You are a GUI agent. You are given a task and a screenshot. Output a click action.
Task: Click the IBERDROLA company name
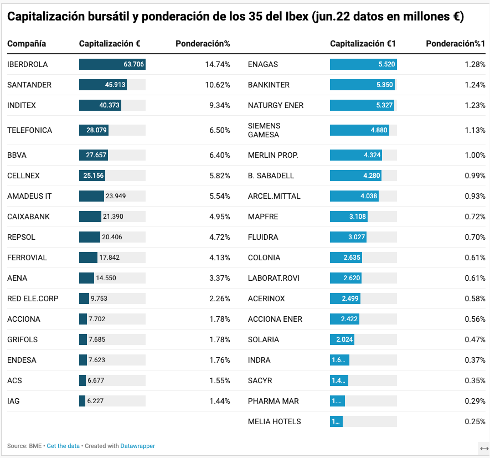pos(28,64)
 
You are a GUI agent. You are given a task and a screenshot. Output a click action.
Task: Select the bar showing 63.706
pos(112,64)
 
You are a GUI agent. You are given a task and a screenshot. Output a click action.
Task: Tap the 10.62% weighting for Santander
pos(218,85)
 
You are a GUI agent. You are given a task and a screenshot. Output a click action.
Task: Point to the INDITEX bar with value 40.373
pos(100,105)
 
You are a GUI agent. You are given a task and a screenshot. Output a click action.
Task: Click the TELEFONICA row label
pos(30,130)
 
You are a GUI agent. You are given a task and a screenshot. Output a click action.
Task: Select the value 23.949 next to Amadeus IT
pos(116,196)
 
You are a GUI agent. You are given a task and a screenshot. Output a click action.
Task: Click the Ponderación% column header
pos(203,43)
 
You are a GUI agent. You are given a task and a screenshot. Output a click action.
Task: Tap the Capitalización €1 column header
pos(363,43)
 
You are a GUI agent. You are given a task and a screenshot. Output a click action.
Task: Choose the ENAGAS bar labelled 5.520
pos(363,64)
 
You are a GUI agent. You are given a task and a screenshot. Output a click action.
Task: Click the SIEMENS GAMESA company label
pos(264,130)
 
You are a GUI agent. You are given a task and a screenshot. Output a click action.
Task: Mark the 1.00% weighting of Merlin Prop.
pos(475,155)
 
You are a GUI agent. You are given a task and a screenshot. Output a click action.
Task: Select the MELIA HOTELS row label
pos(275,421)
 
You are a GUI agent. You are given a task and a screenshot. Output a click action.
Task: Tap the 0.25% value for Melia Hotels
pos(475,421)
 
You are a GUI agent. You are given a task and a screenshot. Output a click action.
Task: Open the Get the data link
pos(63,446)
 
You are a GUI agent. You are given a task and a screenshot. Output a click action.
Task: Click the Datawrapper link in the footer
pos(138,446)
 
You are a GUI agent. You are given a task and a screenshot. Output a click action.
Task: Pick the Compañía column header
pos(27,43)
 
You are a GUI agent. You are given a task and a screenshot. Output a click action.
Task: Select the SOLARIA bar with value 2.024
pos(342,339)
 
